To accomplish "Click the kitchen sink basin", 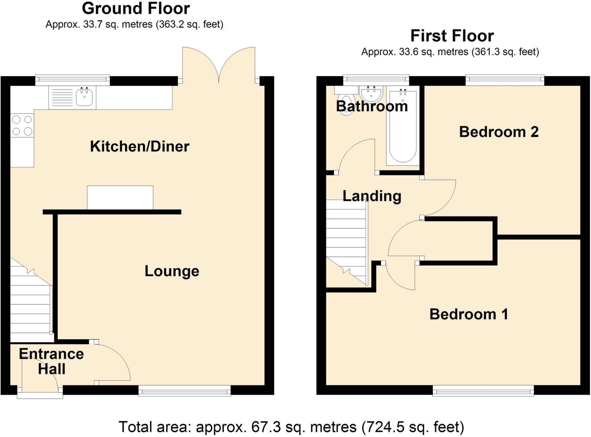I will point(84,97).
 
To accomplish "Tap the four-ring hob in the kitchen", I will point(22,125).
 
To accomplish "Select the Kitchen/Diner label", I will point(140,146).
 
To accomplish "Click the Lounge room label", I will point(172,271).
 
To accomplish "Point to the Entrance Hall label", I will point(51,361).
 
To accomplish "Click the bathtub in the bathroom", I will point(403,127).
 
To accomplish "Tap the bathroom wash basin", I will point(371,94).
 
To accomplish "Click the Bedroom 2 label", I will point(499,132).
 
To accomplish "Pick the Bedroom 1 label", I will point(469,314).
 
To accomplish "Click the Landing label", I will point(372,196).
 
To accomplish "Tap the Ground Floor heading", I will point(136,9).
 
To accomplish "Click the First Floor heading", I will point(452,36).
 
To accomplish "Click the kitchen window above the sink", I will point(72,80).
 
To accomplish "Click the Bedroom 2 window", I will point(505,80).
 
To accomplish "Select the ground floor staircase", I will point(30,306).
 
